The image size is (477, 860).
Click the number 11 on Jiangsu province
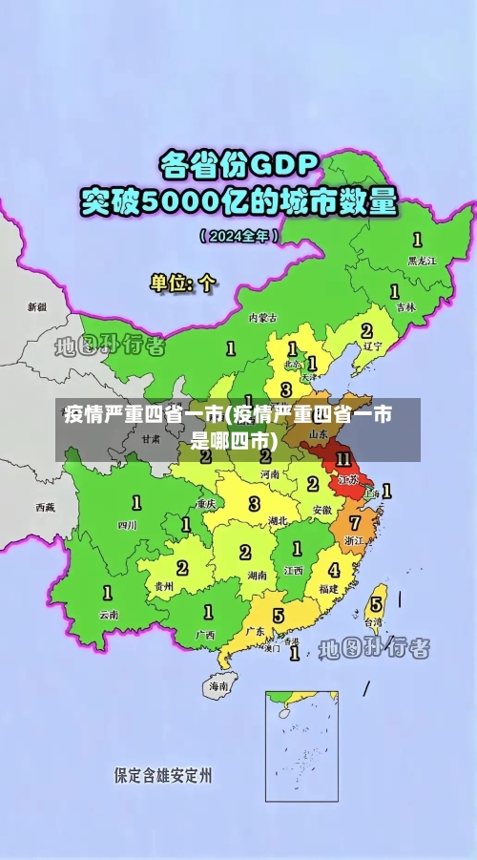click(343, 460)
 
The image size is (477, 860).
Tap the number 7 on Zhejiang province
click(355, 523)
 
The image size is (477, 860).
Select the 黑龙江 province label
click(421, 260)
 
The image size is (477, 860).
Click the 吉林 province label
click(405, 307)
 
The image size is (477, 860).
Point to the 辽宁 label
click(373, 346)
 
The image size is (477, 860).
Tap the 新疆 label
click(36, 307)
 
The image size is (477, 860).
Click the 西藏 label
click(45, 507)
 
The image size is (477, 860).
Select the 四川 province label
click(127, 525)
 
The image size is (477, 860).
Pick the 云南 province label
click(109, 616)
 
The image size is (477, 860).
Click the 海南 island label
click(219, 685)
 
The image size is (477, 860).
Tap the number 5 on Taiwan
click(376, 603)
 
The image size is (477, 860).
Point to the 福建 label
click(328, 589)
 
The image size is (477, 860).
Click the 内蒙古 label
click(262, 317)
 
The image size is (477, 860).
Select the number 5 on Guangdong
click(278, 615)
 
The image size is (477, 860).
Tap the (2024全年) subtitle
click(238, 235)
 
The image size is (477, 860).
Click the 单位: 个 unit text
click(183, 283)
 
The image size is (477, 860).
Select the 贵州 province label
click(164, 586)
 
